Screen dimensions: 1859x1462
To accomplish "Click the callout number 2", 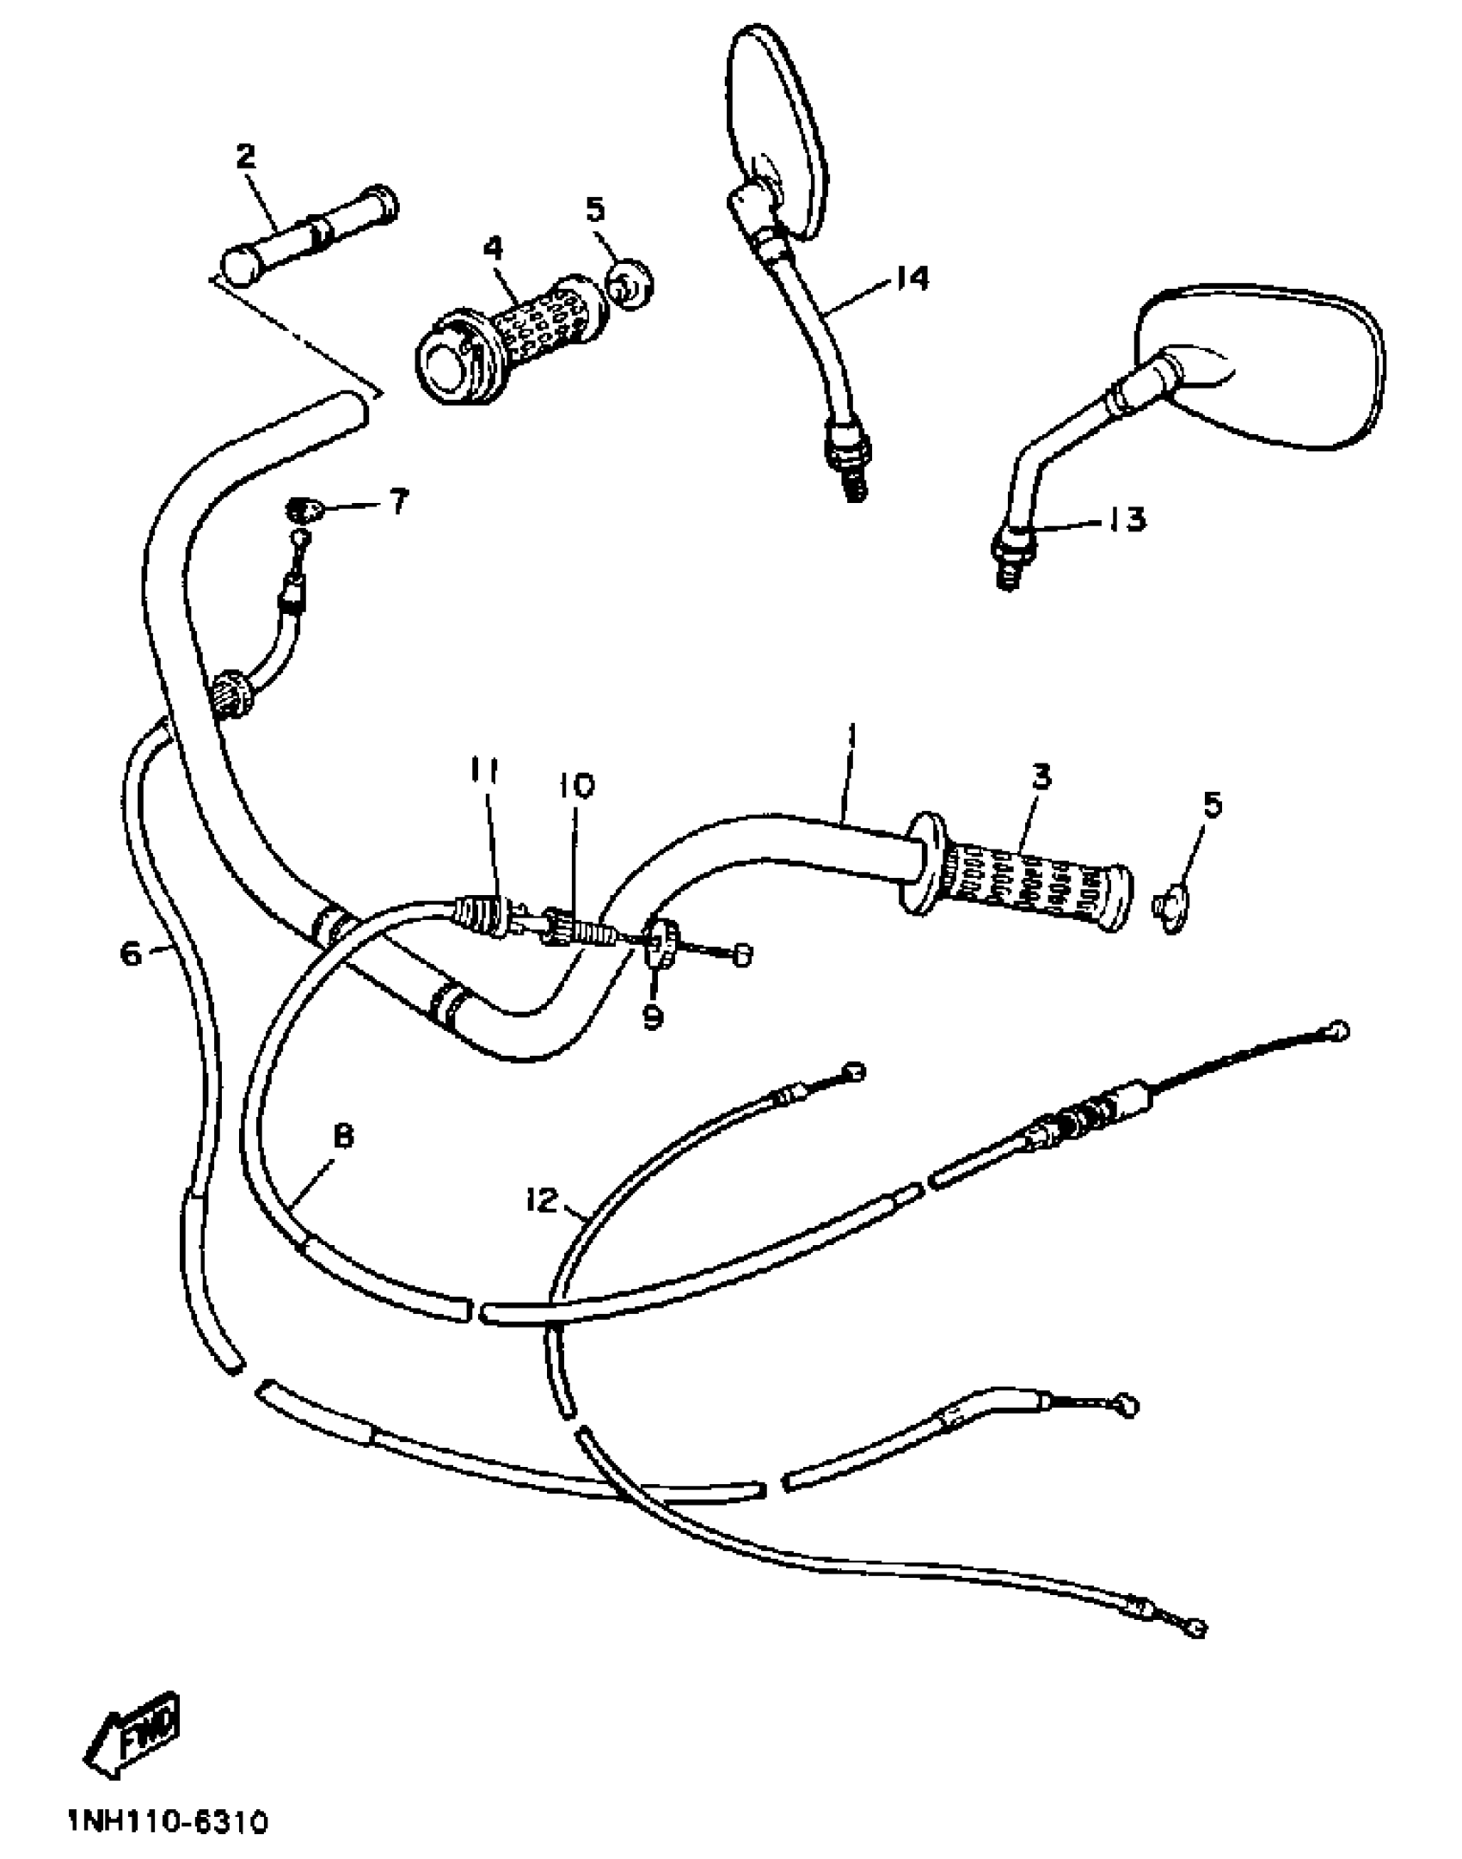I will tap(246, 156).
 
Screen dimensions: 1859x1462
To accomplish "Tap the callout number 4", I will tap(493, 248).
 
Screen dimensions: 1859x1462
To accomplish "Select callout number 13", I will tap(1127, 519).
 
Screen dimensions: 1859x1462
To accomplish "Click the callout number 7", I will tap(398, 502).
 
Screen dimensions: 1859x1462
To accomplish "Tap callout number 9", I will tap(654, 1016).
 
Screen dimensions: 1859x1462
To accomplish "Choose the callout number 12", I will tap(543, 1199).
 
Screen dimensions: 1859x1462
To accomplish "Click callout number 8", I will tap(342, 1137).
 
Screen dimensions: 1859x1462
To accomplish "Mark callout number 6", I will tap(131, 952).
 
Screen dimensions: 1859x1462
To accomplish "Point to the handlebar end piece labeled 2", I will tap(310, 231).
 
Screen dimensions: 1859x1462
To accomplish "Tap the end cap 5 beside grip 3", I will tap(1171, 910).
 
